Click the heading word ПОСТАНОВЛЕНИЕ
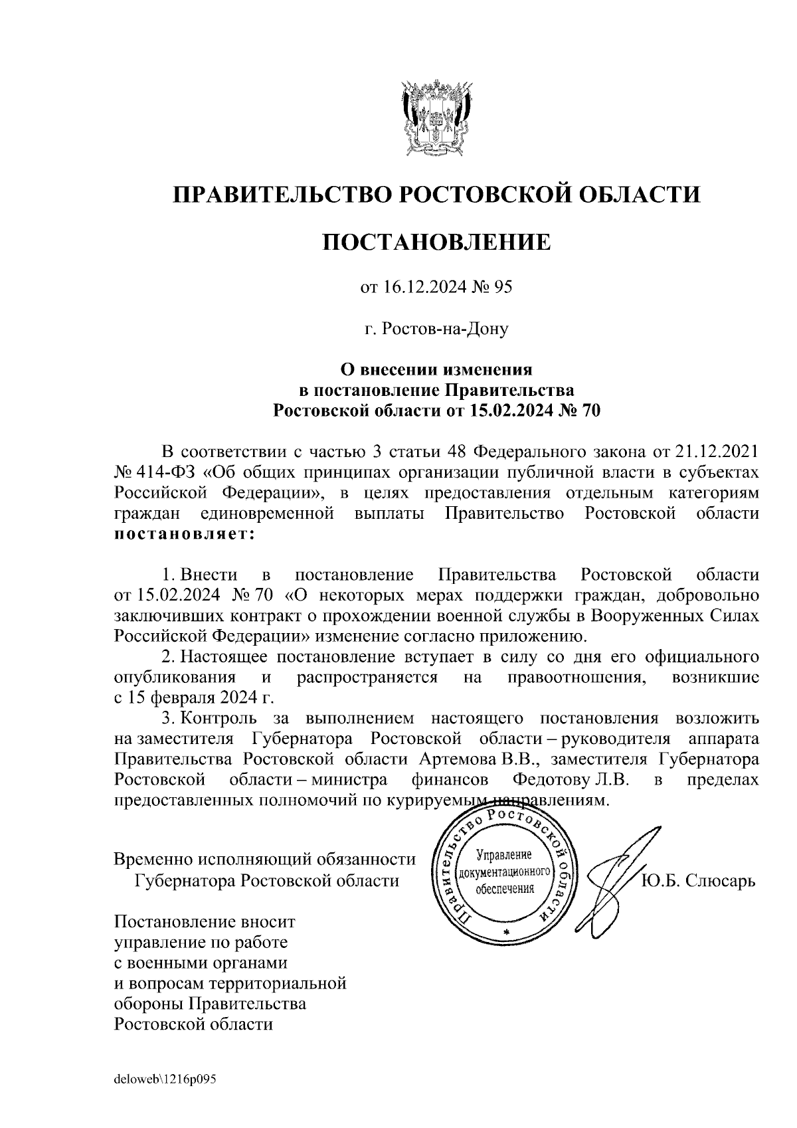pyautogui.click(x=436, y=242)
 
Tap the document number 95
pyautogui.click(x=504, y=288)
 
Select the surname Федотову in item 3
pyautogui.click(x=557, y=779)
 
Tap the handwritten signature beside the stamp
pyautogui.click(x=614, y=877)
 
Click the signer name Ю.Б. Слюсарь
pyautogui.click(x=698, y=881)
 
